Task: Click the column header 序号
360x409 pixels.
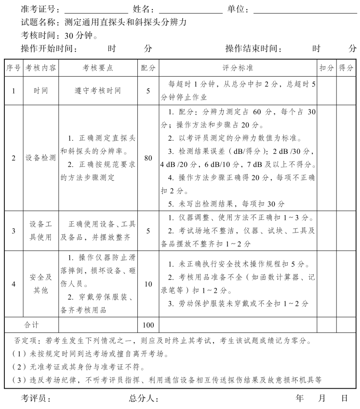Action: point(13,68)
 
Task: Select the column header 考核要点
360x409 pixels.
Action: point(98,68)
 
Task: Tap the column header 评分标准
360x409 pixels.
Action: point(238,68)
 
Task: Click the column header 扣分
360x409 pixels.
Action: point(326,68)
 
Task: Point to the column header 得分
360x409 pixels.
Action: point(346,68)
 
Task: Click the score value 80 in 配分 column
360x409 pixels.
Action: point(148,158)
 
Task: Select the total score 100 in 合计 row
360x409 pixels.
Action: point(148,325)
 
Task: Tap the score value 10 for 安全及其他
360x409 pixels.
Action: point(148,284)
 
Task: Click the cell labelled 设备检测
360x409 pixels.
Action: point(41,158)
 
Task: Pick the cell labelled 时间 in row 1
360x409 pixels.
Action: point(41,91)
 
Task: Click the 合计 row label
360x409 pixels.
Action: point(32,325)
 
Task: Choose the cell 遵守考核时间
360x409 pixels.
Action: point(98,91)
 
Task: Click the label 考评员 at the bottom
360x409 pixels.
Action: point(35,399)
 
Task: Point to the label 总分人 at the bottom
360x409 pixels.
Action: point(143,399)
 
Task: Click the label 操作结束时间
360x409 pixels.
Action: point(253,48)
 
